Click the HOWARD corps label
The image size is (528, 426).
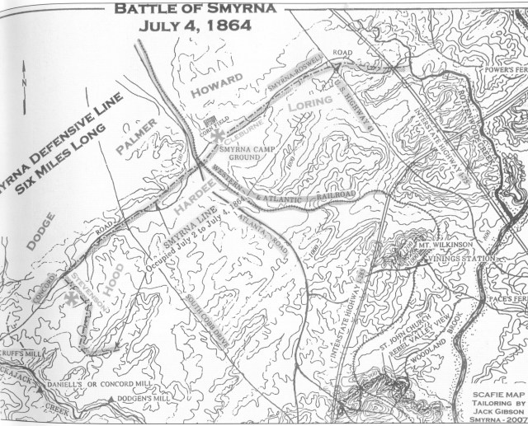(x=218, y=83)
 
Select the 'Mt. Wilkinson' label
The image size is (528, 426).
(x=445, y=245)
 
